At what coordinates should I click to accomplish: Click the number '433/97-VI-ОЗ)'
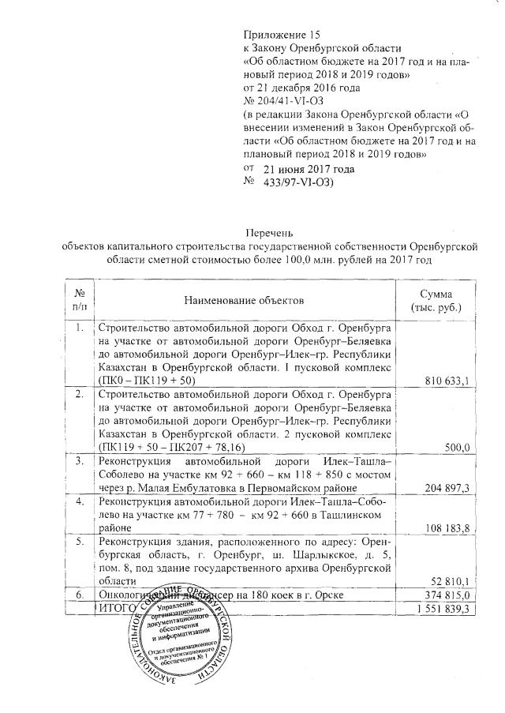tap(298, 182)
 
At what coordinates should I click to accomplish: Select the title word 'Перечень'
tap(271, 233)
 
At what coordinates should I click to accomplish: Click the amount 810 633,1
tap(446, 381)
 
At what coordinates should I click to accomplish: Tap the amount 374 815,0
tap(446, 595)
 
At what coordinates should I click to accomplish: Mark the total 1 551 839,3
tap(443, 608)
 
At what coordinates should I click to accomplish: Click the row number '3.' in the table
tap(79, 460)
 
